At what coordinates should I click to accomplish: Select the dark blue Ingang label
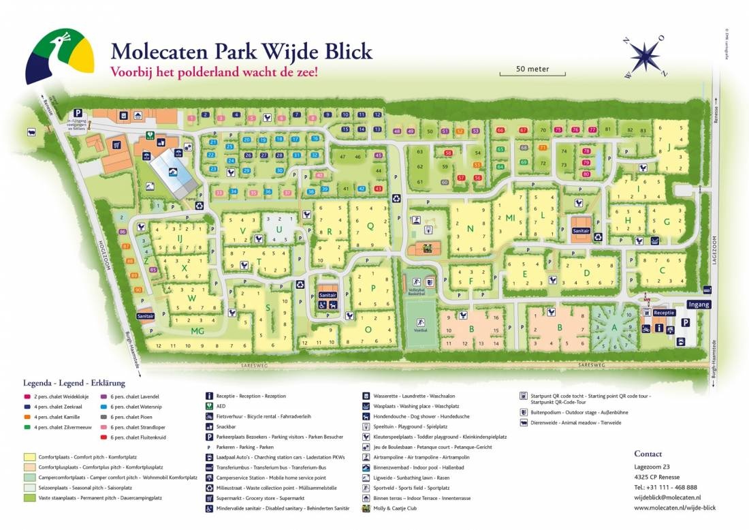pos(699,305)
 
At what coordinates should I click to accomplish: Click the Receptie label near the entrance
pos(664,313)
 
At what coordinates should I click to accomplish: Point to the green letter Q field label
pos(370,225)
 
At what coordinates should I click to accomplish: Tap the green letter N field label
pos(469,229)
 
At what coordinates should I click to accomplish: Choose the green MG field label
pos(197,331)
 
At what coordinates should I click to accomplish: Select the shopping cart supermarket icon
pos(116,144)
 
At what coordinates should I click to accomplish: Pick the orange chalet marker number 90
pos(138,290)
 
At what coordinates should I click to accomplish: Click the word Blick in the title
pos(341,51)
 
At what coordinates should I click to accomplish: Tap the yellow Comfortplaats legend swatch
pos(29,457)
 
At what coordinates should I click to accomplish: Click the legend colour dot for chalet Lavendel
pos(103,396)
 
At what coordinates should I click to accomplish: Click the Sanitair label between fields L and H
pos(581,231)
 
